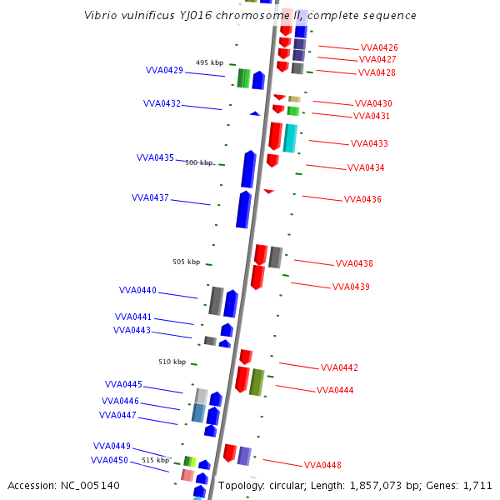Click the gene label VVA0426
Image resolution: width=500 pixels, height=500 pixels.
pyautogui.click(x=379, y=47)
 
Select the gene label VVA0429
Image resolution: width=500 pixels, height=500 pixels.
pyautogui.click(x=164, y=71)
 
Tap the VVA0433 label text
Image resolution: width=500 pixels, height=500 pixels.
pyautogui.click(x=369, y=143)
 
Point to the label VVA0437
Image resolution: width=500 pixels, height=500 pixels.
pyautogui.click(x=150, y=198)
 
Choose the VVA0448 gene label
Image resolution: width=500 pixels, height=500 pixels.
pyautogui.click(x=322, y=465)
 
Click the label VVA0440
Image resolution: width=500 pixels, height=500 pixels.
pyautogui.click(x=137, y=291)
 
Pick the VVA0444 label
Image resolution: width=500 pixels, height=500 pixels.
pyautogui.click(x=335, y=390)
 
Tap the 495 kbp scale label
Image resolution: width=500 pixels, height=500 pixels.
pyautogui.click(x=209, y=62)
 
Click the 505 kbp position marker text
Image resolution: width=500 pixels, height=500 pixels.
pyautogui.click(x=186, y=262)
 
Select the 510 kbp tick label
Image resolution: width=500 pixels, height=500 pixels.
pyautogui.click(x=172, y=362)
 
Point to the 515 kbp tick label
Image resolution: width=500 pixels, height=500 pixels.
pyautogui.click(x=155, y=460)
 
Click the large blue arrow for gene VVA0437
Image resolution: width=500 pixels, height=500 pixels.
pyautogui.click(x=243, y=209)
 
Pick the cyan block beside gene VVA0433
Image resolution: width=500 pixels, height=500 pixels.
pyautogui.click(x=290, y=138)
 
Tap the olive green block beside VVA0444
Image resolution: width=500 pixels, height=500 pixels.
pyautogui.click(x=257, y=382)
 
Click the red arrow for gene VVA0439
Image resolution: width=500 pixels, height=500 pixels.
pyautogui.click(x=257, y=277)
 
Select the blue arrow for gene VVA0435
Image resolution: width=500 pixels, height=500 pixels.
pyautogui.click(x=248, y=169)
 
